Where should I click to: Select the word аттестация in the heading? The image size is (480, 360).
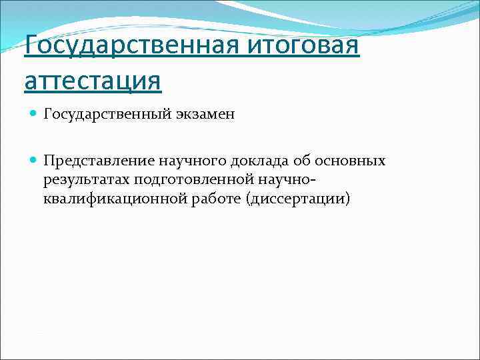92,82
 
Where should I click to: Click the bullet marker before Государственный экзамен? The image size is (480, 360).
34,115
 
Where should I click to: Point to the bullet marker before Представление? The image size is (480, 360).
34,161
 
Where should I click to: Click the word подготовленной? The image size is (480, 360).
191,180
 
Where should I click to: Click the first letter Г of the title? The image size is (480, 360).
31,48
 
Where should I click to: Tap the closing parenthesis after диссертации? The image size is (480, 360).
347,199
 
